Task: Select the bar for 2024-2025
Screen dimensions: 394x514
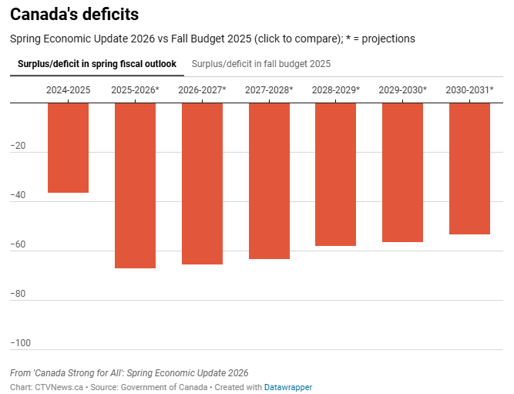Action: [x=68, y=147]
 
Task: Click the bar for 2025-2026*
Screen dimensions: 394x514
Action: [x=135, y=185]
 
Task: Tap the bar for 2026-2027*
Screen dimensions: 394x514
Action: [x=202, y=184]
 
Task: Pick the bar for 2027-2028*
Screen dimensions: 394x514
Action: [x=269, y=180]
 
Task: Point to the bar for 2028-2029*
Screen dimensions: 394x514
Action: [x=335, y=174]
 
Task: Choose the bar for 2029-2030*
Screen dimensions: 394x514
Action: [x=402, y=172]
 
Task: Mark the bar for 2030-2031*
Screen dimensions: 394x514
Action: [x=469, y=168]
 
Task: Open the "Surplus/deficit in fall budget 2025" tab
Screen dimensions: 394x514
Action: [x=260, y=64]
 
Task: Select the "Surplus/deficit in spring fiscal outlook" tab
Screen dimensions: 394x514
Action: [x=97, y=64]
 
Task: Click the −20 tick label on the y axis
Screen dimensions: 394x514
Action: [x=20, y=146]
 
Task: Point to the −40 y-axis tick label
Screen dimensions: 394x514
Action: [x=20, y=195]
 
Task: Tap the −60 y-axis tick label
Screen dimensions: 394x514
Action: [x=20, y=244]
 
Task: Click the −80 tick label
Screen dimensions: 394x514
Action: [x=20, y=294]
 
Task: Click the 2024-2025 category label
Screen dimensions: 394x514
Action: [x=68, y=90]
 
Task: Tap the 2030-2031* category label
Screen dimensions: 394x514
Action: [x=469, y=90]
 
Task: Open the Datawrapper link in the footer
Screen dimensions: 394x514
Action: [x=288, y=387]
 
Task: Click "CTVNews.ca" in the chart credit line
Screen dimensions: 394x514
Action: [x=59, y=387]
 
